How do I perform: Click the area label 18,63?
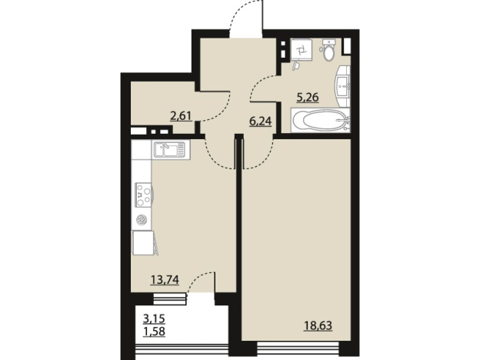[x=318, y=325]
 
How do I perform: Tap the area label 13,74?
[x=165, y=279]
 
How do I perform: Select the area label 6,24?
[x=261, y=122]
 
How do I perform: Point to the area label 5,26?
[x=308, y=98]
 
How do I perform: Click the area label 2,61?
[x=181, y=116]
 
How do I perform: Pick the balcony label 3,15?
[x=154, y=318]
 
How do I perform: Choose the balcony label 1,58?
[x=154, y=332]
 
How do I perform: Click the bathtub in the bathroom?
[x=320, y=120]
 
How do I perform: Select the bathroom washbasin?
[x=343, y=82]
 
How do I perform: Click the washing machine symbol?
[x=301, y=49]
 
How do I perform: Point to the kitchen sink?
[x=170, y=149]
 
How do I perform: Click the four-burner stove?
[x=144, y=195]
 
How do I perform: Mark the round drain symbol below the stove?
[x=142, y=220]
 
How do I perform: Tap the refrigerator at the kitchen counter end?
[x=143, y=243]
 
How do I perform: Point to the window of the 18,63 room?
[x=298, y=347]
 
